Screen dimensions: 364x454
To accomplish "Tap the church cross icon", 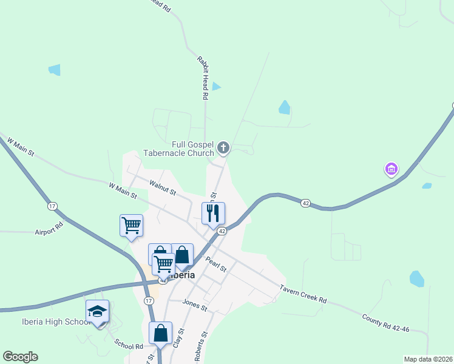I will [x=223, y=147].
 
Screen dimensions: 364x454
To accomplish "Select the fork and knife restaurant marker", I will [x=213, y=214].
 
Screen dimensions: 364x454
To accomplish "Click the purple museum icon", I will [x=391, y=168].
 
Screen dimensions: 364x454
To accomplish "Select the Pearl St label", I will [x=215, y=265].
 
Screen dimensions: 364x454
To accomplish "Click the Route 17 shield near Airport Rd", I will [x=53, y=206].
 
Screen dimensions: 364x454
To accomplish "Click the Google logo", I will [x=20, y=357].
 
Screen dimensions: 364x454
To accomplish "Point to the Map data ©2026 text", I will [x=428, y=359].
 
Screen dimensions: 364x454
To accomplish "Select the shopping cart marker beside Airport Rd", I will [x=131, y=226].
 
